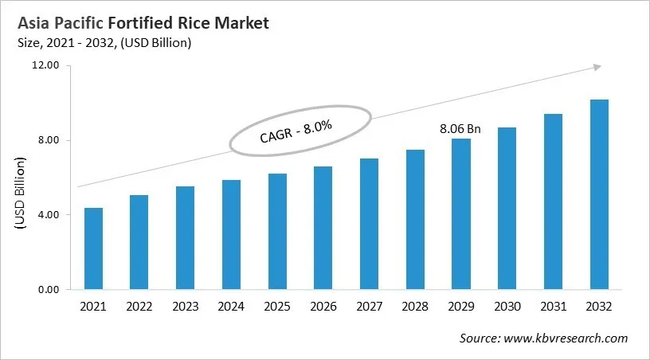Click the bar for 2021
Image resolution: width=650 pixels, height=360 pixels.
[93, 248]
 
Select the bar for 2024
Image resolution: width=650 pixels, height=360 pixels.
[231, 235]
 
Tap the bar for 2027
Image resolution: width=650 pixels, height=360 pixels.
[369, 224]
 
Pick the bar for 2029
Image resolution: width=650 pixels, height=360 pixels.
[460, 213]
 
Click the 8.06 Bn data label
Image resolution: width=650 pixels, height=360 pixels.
[460, 127]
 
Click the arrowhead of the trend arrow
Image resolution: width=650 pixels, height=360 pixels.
[596, 68]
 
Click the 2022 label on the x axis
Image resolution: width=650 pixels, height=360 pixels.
[139, 307]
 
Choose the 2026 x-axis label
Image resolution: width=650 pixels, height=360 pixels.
[323, 307]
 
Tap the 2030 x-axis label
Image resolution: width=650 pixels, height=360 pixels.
[507, 307]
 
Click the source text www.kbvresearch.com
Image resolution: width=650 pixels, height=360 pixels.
[566, 338]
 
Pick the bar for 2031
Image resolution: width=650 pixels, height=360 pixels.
[553, 202]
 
